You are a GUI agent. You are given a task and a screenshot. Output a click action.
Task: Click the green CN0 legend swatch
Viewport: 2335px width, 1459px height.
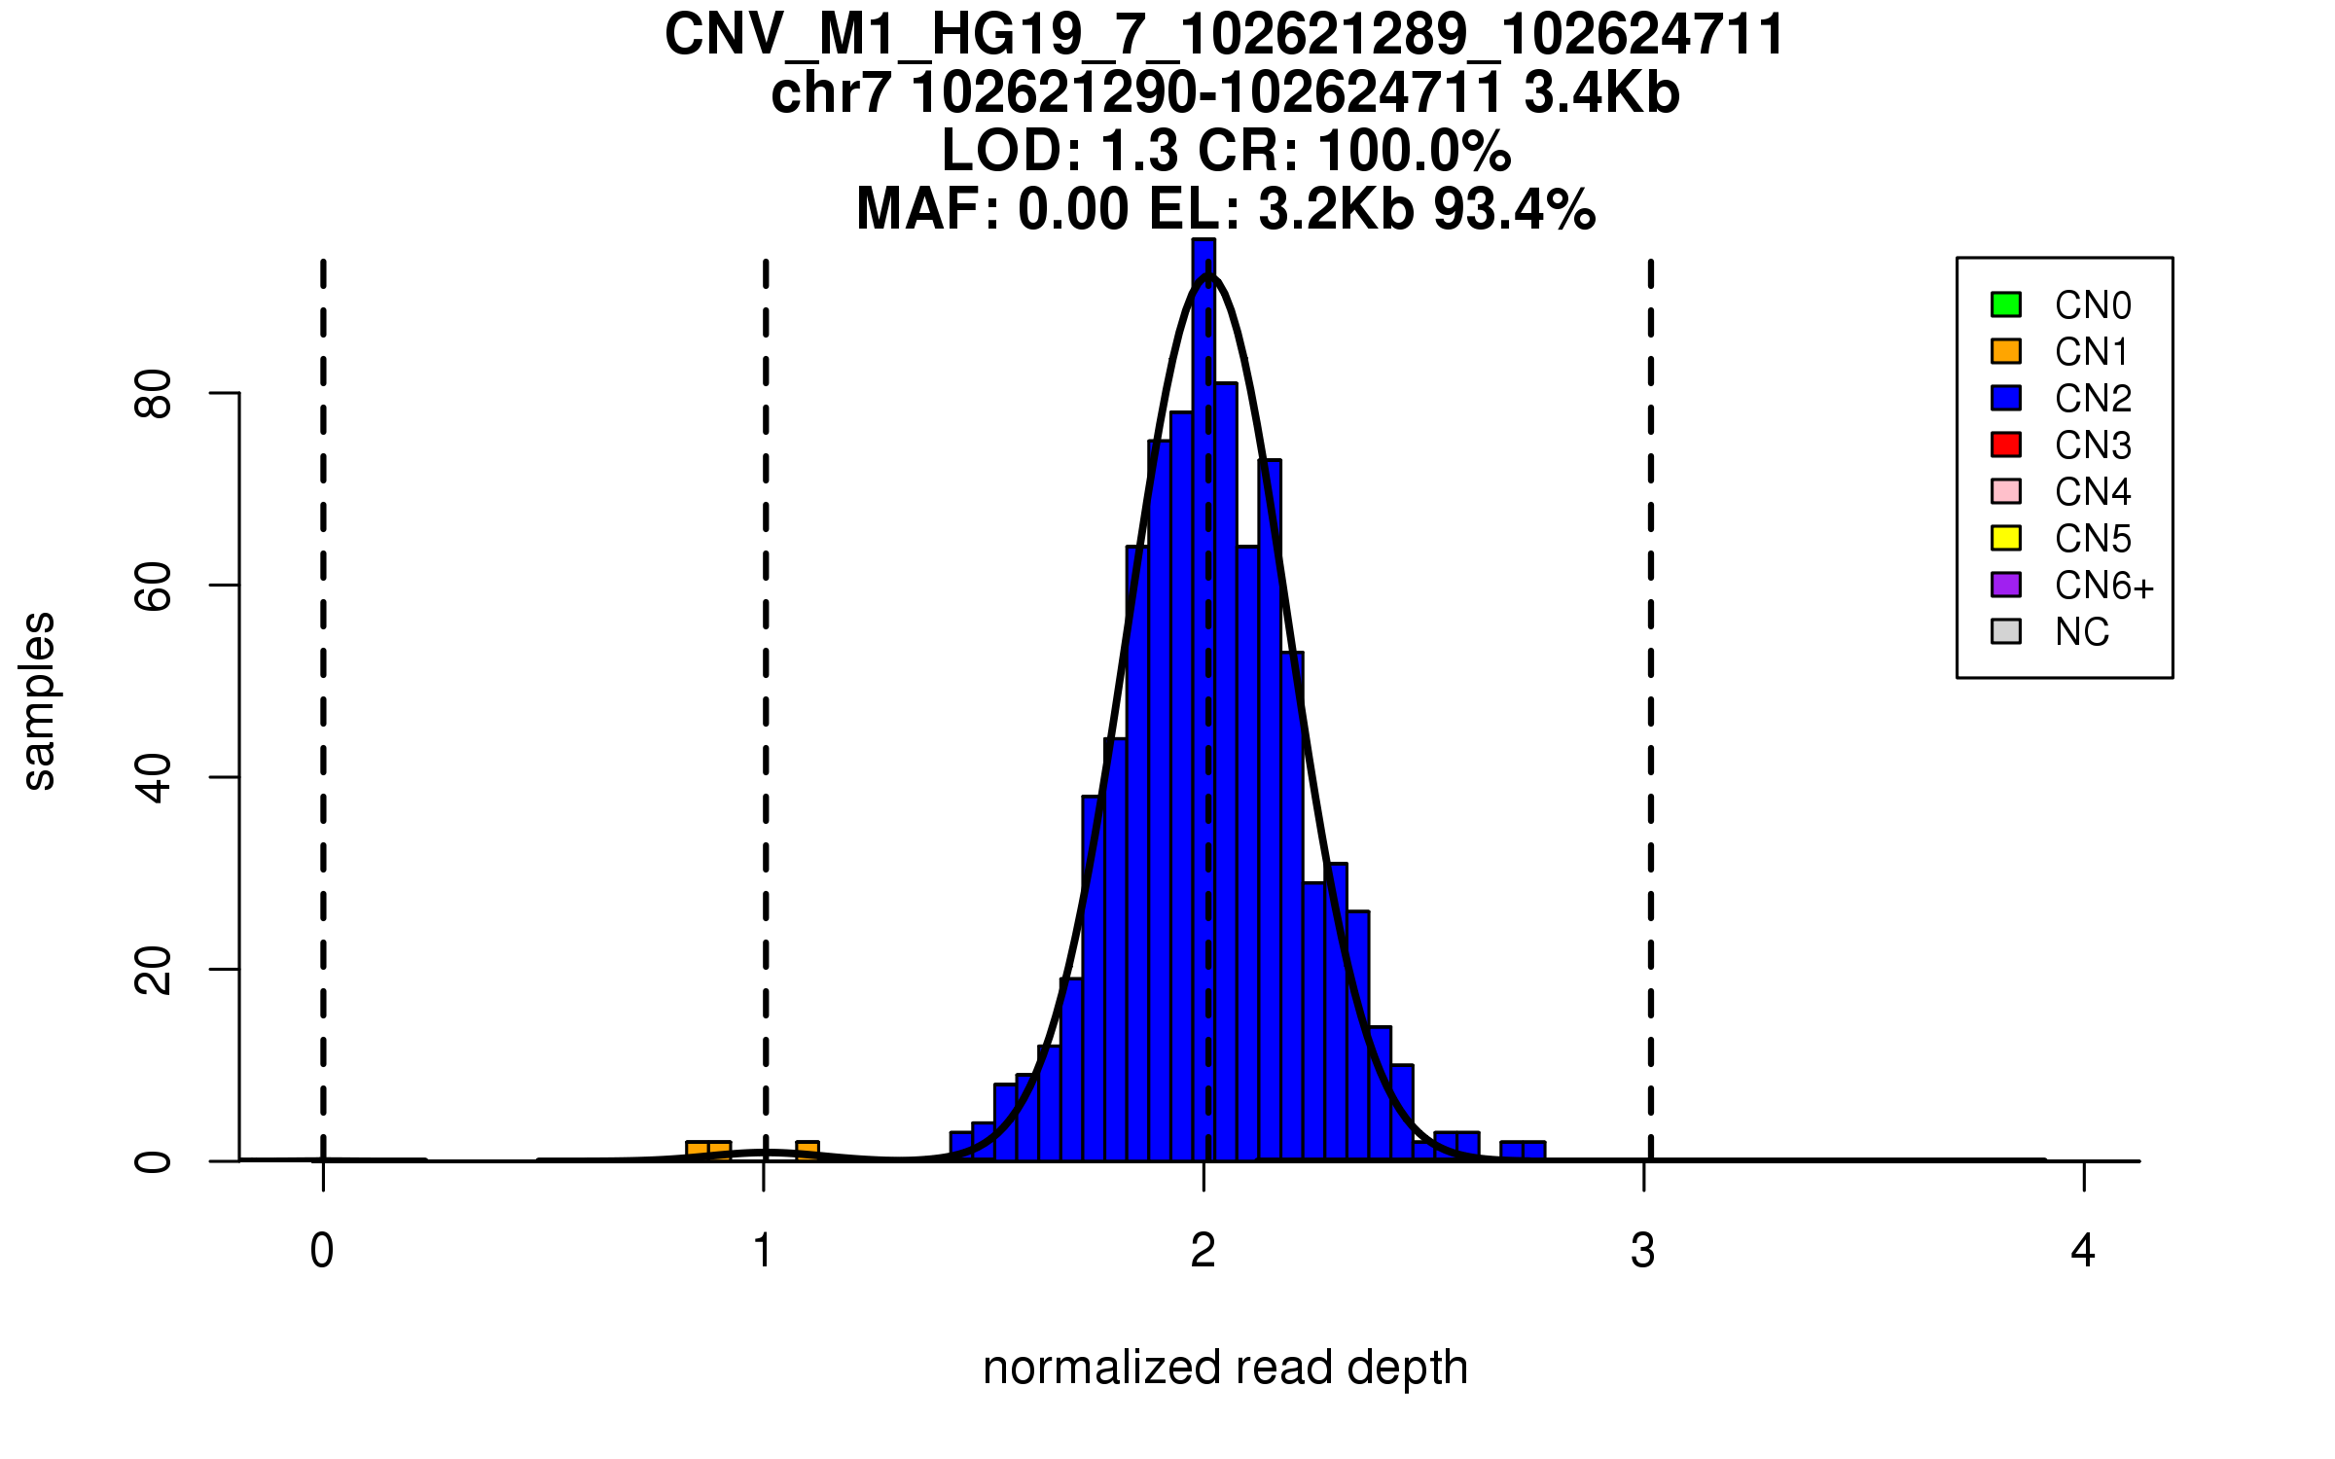(2006, 304)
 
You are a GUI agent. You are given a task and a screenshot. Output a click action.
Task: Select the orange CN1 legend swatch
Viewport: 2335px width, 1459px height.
(2006, 351)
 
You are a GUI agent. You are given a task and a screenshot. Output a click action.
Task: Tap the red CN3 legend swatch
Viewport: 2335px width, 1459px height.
(2006, 445)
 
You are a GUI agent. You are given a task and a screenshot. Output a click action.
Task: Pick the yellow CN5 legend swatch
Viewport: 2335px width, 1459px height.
(2006, 538)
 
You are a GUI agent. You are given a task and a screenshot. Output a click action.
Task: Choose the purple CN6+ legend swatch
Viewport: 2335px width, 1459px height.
(2006, 585)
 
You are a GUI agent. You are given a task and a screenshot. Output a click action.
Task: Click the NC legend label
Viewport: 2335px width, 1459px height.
(2081, 632)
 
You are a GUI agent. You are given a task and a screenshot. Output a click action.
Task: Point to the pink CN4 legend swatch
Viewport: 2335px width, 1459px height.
(2006, 491)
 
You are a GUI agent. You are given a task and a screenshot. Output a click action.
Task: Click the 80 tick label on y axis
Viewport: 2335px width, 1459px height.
(154, 394)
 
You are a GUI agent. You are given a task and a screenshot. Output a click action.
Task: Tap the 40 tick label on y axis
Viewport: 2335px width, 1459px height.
(154, 778)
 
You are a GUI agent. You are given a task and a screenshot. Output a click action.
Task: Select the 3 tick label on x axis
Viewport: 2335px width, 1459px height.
(1643, 1251)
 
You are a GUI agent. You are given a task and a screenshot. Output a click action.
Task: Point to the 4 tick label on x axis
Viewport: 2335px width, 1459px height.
(2083, 1251)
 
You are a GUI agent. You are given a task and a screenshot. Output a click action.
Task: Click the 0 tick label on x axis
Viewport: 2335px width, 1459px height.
(322, 1251)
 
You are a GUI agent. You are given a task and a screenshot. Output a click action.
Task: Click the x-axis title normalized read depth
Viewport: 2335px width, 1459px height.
(1225, 1368)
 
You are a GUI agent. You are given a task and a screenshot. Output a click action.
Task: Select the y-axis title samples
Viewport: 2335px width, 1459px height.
(39, 700)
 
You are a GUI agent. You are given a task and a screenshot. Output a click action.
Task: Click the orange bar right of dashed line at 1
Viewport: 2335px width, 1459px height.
(808, 1151)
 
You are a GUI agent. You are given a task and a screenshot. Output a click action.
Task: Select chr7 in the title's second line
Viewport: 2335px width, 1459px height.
(830, 93)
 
